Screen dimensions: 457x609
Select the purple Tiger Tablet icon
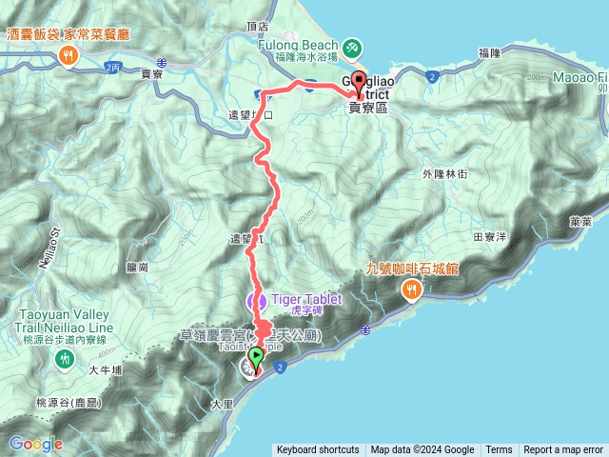[255, 301]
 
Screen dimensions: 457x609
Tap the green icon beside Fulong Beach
[351, 46]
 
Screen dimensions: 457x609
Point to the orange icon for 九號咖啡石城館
[412, 288]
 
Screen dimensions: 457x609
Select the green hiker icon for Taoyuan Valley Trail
[64, 359]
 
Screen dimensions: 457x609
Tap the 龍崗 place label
[136, 268]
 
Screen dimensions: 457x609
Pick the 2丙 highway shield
[114, 67]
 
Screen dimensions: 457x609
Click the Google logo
[36, 444]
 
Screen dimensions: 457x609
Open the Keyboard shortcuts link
[318, 450]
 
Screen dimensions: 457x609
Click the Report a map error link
[563, 450]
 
